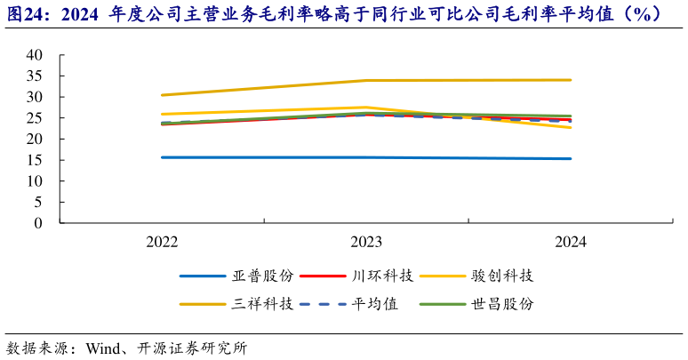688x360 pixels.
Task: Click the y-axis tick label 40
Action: (x=35, y=54)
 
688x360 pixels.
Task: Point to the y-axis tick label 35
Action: (x=35, y=76)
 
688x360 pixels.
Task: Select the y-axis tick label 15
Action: (x=35, y=160)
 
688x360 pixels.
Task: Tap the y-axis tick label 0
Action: (x=39, y=223)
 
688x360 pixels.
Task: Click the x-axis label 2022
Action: (x=162, y=242)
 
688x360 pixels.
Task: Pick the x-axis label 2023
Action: (x=366, y=242)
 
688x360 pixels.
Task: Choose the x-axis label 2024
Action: (x=571, y=242)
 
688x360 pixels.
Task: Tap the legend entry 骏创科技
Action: (x=504, y=276)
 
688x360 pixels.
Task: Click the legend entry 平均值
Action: (x=377, y=304)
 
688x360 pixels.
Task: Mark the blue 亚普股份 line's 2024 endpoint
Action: (x=571, y=159)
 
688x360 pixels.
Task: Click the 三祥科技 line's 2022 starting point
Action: (x=162, y=95)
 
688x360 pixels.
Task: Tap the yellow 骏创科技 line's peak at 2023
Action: (x=366, y=108)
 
